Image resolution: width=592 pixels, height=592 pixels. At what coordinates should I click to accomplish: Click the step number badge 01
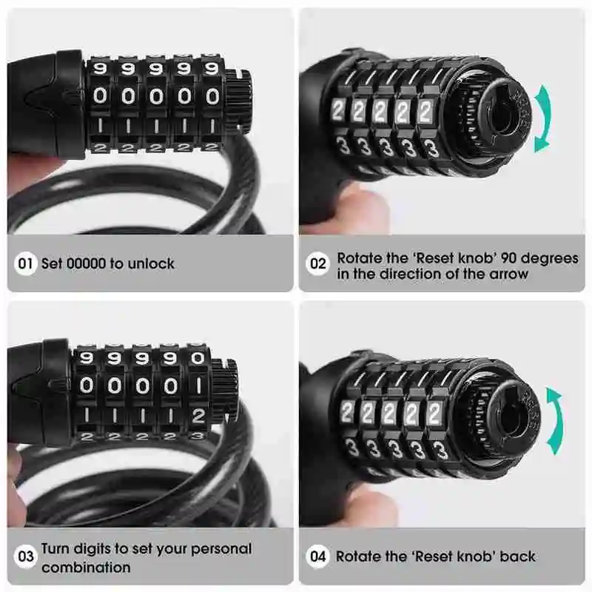click(x=25, y=263)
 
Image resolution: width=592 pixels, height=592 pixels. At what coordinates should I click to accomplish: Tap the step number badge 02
click(x=317, y=263)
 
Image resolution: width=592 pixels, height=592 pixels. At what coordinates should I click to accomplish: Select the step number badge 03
click(x=25, y=556)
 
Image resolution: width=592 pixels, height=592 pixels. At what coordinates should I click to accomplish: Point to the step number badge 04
click(x=317, y=556)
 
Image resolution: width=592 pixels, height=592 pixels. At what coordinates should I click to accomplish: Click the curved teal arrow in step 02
click(x=545, y=118)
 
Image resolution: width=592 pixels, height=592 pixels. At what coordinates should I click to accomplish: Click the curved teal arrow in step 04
click(x=557, y=420)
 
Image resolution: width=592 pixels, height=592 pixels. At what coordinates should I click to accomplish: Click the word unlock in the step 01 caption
click(x=151, y=263)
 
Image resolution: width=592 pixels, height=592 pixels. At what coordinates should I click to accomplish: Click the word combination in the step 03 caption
click(x=86, y=567)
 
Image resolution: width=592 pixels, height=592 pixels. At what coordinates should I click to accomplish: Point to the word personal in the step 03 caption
click(x=221, y=549)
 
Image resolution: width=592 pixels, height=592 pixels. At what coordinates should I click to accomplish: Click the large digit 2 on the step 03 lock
click(x=198, y=416)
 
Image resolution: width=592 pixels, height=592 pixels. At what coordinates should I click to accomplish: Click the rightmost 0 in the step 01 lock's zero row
click(x=212, y=97)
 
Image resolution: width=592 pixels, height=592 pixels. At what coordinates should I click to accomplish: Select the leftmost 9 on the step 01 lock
click(x=100, y=69)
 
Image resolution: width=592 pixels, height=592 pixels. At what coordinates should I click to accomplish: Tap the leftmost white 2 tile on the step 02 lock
click(x=337, y=110)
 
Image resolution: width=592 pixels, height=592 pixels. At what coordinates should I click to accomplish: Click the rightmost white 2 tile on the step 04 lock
click(x=434, y=413)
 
